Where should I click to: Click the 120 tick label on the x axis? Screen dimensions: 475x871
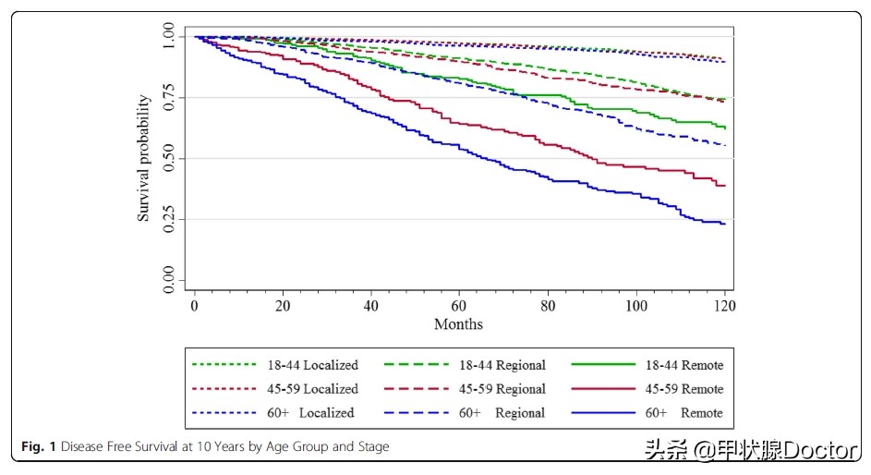click(724, 305)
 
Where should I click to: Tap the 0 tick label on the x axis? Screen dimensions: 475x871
click(194, 305)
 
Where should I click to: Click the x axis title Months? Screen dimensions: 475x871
click(459, 324)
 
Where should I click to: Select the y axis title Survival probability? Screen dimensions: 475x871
click(144, 158)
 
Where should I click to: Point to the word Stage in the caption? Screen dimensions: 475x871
click(370, 447)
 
